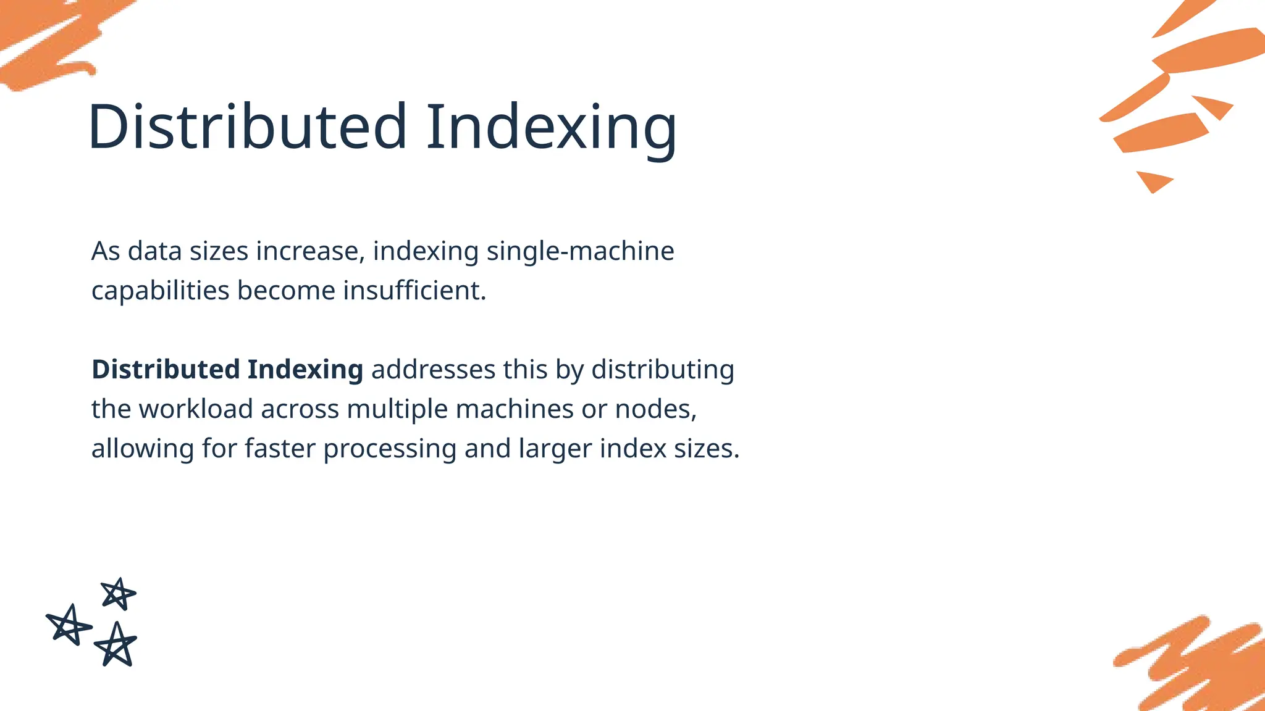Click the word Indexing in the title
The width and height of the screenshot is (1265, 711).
point(552,128)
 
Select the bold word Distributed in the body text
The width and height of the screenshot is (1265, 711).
point(166,370)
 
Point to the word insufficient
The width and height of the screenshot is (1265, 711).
point(414,291)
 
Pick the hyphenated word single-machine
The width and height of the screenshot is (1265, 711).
point(580,252)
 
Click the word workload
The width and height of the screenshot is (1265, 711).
point(196,409)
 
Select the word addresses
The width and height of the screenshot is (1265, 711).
point(433,370)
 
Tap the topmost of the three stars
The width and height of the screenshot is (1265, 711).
point(118,594)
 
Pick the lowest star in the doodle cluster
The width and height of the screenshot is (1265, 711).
point(116,645)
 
